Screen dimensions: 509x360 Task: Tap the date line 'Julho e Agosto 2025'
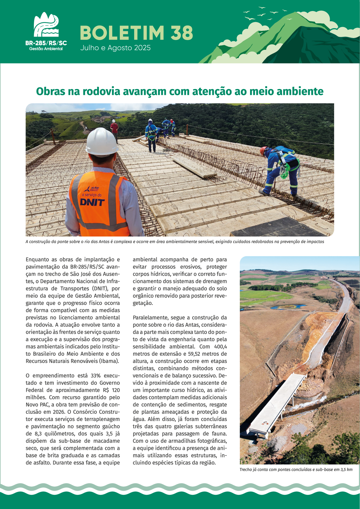click(x=115, y=48)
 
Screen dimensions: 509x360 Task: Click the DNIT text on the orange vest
click(x=92, y=202)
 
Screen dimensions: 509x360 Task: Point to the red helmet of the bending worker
click(x=263, y=150)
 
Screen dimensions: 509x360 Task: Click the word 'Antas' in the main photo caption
click(x=104, y=242)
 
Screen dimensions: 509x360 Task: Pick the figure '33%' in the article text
click(x=95, y=376)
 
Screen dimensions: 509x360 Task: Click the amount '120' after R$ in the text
click(x=116, y=390)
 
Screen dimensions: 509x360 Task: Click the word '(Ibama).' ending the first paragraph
click(x=109, y=361)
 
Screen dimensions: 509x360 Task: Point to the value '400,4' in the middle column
click(x=220, y=347)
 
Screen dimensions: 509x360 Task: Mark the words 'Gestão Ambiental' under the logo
click(x=46, y=49)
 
